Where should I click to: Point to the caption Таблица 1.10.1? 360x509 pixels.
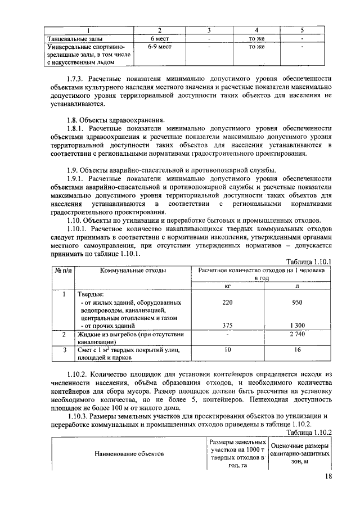click(309, 262)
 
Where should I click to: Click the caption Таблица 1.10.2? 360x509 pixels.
click(309, 432)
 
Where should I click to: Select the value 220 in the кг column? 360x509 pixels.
click(227, 301)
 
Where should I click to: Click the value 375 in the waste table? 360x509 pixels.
click(227, 325)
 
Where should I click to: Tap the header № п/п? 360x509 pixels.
click(61, 271)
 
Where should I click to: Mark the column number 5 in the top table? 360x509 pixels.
click(302, 30)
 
